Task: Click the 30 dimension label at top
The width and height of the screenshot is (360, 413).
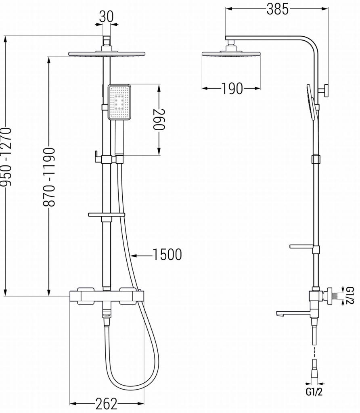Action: point(106,16)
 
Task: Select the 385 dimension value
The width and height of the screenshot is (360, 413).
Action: point(278,9)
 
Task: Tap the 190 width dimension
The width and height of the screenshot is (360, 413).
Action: point(232,88)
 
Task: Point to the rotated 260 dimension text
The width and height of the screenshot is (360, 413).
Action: point(159,119)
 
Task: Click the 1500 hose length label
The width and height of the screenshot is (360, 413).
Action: point(167,255)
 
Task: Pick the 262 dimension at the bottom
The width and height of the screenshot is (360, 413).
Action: point(107,403)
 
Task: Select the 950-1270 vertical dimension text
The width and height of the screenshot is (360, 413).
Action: point(6,157)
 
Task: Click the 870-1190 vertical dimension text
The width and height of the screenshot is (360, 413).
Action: point(49,177)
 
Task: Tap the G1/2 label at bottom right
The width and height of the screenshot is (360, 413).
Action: point(314,392)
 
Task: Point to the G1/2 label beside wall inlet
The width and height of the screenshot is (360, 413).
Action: point(350,296)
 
